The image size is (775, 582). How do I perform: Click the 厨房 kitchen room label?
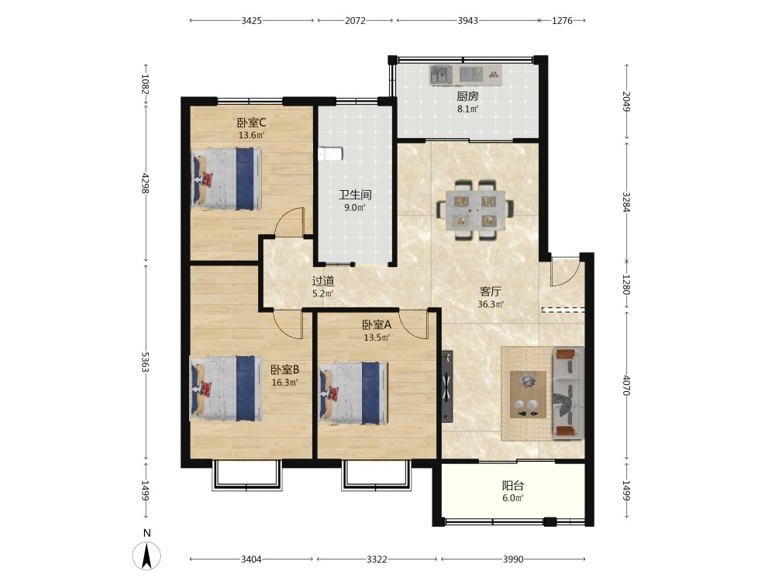[x=467, y=96]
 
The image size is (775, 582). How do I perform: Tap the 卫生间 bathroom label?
[x=355, y=195]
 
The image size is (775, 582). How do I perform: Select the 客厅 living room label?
[x=491, y=292]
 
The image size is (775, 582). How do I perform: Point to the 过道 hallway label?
[x=323, y=281]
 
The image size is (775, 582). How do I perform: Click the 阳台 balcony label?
[x=513, y=486]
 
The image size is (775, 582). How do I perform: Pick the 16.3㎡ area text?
[x=284, y=382]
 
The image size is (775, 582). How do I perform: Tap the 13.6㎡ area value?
[x=252, y=134]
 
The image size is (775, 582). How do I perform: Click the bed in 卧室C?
[x=227, y=178]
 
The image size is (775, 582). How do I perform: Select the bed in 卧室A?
[x=353, y=393]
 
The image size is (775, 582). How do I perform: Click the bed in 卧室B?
[x=226, y=388]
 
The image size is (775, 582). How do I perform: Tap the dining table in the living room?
[x=475, y=210]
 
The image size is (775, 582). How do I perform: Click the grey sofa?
[x=568, y=393]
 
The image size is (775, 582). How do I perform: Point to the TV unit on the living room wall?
[x=447, y=386]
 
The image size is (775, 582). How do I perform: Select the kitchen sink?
[x=441, y=75]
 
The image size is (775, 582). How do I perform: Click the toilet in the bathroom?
[x=330, y=154]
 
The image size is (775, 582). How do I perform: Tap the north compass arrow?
[x=146, y=556]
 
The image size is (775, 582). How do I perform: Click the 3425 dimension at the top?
[x=252, y=21]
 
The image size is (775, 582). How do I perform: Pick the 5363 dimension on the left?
[x=146, y=362]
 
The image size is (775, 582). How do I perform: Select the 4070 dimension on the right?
[x=627, y=386]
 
